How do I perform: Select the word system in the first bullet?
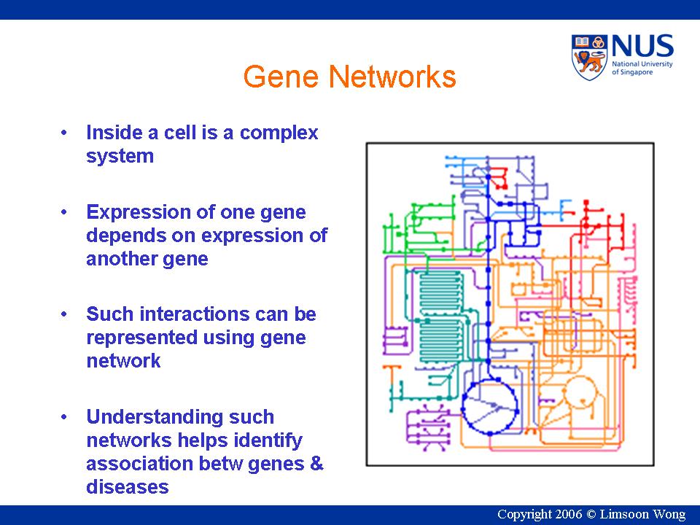coord(120,156)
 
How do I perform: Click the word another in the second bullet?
coord(117,259)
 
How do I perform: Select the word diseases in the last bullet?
coord(127,487)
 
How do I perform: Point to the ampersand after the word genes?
coord(316,464)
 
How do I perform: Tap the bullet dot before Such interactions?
coord(66,314)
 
